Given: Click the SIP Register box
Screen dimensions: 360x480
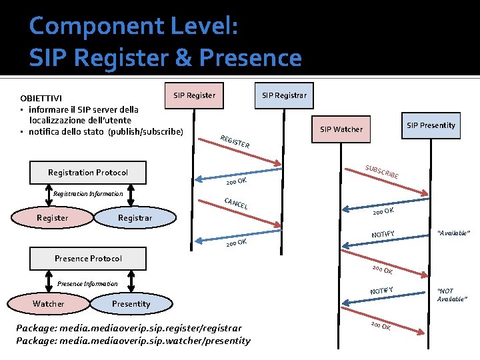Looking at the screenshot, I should coord(194,95).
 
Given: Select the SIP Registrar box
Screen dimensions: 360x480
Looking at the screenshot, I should coord(284,95).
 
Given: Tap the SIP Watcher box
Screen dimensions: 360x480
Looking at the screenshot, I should coord(341,129).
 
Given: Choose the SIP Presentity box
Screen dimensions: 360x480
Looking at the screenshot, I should coord(431,125).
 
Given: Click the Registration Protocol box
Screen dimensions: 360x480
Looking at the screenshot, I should coord(88,173).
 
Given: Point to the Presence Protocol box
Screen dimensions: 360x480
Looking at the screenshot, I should coord(88,258).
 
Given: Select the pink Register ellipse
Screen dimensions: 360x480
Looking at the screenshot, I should coord(52,218).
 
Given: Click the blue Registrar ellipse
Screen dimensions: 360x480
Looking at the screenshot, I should coord(135,218).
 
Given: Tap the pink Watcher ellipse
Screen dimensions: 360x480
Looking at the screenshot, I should coord(49,304).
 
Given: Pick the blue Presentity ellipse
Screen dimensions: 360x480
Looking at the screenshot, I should coord(131,304).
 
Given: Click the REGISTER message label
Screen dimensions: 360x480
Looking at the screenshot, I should coord(235,141).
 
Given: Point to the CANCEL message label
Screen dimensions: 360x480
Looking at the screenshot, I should coord(236,203).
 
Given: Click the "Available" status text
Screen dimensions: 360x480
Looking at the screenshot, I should coord(453,233).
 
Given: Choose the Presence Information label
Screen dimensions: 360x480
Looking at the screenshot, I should coord(87,284).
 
